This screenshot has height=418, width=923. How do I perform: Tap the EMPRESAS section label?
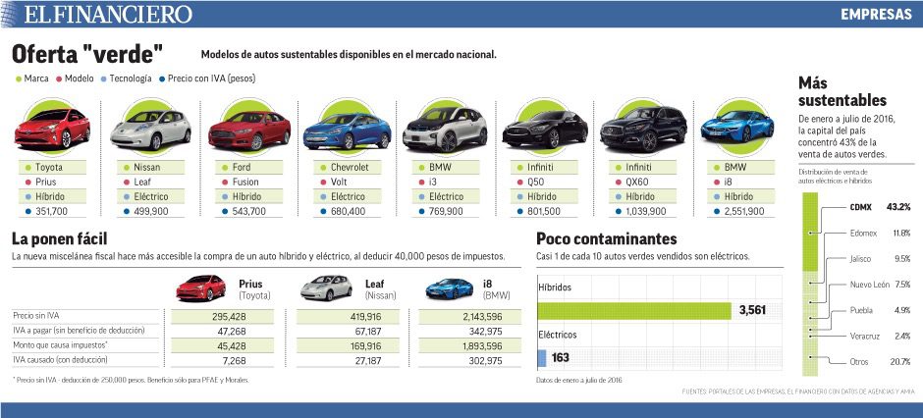(x=876, y=15)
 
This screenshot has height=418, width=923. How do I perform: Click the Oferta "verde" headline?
(x=87, y=53)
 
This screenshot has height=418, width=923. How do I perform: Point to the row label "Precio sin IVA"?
(x=35, y=316)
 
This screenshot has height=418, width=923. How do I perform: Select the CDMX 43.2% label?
(x=880, y=207)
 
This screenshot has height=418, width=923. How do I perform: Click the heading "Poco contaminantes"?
(x=606, y=238)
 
